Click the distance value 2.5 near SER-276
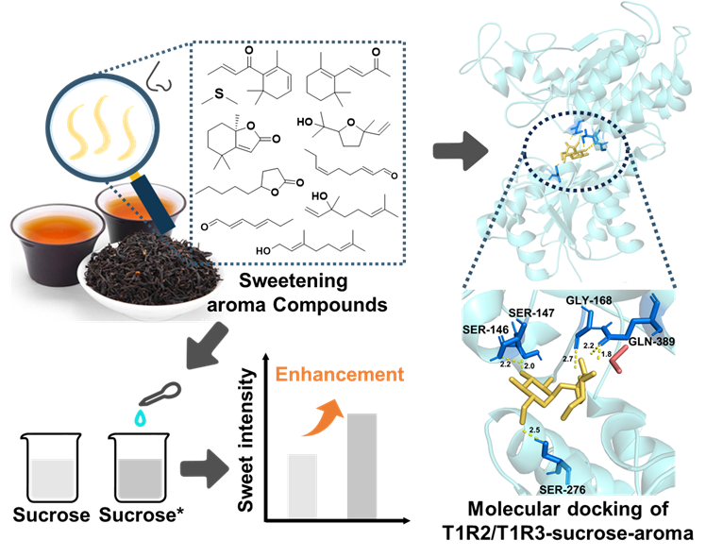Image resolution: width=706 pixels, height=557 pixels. tap(534, 430)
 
